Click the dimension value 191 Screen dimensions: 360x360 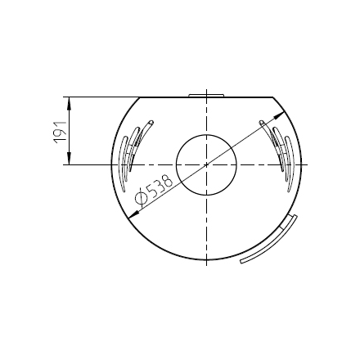tap(61, 132)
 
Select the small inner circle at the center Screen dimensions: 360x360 tap(206, 164)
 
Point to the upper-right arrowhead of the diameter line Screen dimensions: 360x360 tap(280, 115)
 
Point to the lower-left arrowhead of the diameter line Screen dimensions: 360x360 tap(133, 214)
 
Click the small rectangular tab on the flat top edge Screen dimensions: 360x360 tap(206, 96)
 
